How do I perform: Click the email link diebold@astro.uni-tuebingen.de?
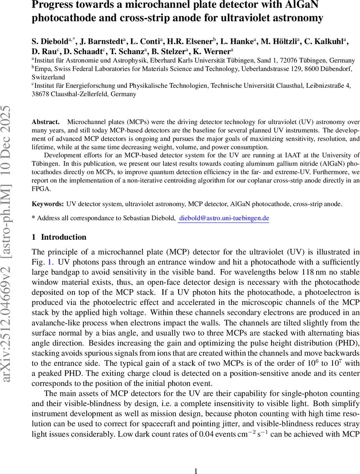click(224, 218)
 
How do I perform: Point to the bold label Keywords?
click(47, 204)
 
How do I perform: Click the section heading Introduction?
click(64, 237)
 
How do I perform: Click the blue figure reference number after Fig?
click(49, 262)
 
